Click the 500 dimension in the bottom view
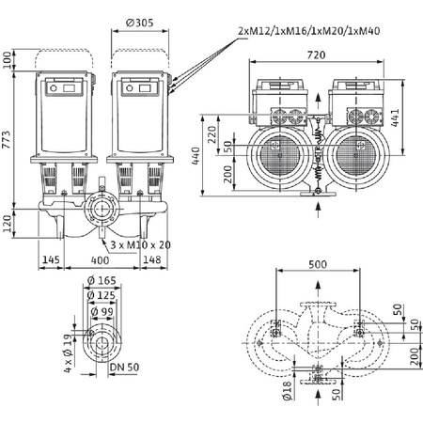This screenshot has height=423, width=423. pyautogui.click(x=318, y=266)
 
